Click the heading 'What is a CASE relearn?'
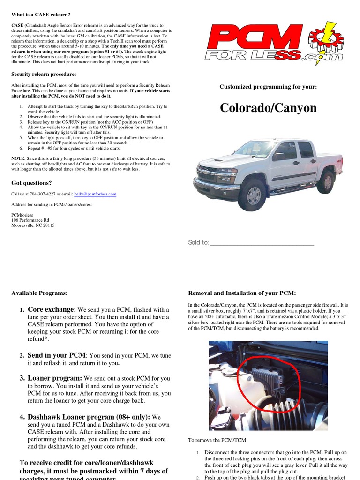point(41,15)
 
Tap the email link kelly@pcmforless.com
point(95,194)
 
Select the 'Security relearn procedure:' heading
point(44,74)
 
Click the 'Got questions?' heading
point(31,183)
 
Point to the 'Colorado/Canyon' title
point(268,108)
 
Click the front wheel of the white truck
point(253,195)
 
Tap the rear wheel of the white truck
point(325,182)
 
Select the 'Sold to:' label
point(199,242)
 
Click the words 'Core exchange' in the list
point(51,309)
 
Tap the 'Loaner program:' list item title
point(55,378)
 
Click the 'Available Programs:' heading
point(39,293)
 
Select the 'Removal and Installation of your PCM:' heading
point(242,293)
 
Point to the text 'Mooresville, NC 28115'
point(33,225)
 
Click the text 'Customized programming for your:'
point(268,87)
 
